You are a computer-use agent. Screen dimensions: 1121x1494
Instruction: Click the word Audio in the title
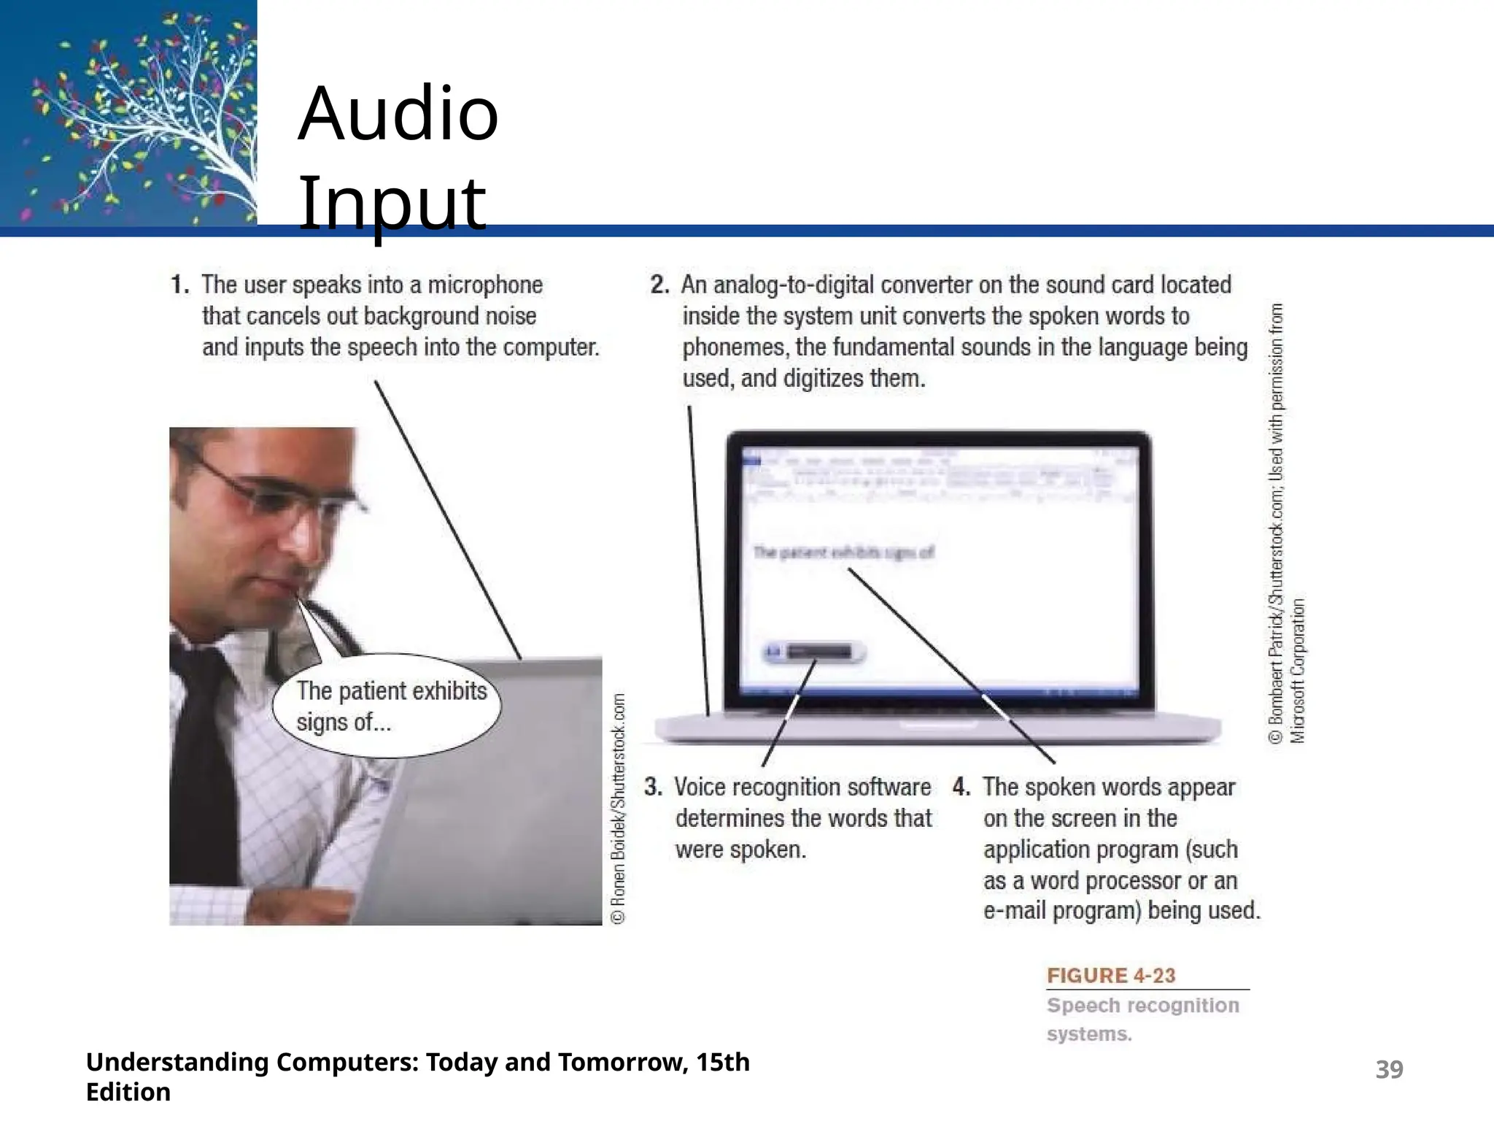398,114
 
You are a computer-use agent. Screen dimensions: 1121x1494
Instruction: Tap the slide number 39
1389,1069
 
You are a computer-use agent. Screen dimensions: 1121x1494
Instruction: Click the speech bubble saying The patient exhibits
387,705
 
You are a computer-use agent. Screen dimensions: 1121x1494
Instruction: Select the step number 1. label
180,285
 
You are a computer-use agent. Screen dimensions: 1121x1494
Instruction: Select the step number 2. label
659,285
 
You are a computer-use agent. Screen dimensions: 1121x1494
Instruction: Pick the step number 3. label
653,787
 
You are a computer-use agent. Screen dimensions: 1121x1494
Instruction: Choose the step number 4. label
961,787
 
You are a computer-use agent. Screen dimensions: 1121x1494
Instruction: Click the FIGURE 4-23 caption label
1111,976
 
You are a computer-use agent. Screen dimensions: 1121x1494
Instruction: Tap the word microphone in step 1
485,285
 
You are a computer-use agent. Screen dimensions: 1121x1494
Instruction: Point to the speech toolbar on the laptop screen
814,652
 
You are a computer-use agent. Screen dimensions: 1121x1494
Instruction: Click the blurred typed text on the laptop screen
843,552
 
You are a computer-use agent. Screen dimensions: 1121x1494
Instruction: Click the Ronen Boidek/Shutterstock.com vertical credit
619,809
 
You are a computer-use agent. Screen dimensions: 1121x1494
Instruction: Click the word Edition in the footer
128,1092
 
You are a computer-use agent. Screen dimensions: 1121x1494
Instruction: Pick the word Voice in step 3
700,787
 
